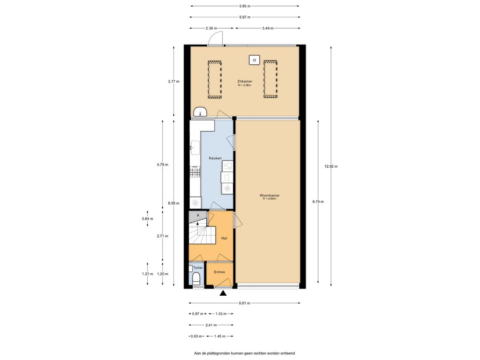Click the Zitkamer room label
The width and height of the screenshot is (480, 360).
click(x=245, y=82)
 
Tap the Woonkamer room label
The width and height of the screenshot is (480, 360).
click(x=270, y=195)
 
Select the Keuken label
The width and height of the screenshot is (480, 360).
click(x=215, y=158)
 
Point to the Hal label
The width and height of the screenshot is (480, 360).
click(x=224, y=238)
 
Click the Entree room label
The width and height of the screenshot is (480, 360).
click(x=219, y=272)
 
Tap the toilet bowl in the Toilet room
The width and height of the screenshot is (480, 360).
click(x=196, y=278)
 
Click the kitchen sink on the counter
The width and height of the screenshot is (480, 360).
click(x=195, y=148)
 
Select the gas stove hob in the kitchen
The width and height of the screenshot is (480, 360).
click(x=195, y=172)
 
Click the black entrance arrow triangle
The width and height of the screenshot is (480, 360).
click(x=223, y=293)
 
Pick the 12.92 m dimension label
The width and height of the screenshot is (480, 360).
click(x=331, y=166)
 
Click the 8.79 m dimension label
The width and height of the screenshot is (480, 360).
click(x=318, y=202)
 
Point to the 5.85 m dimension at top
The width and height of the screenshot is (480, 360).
click(x=245, y=6)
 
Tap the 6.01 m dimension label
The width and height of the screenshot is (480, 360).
click(x=244, y=303)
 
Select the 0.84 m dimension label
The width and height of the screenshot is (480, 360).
click(x=148, y=219)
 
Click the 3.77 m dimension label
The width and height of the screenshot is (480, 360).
click(x=173, y=82)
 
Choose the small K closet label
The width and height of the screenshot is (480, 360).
click(x=198, y=215)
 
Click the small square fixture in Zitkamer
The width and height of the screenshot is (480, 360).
click(x=254, y=60)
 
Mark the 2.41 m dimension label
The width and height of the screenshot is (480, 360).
click(x=211, y=325)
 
